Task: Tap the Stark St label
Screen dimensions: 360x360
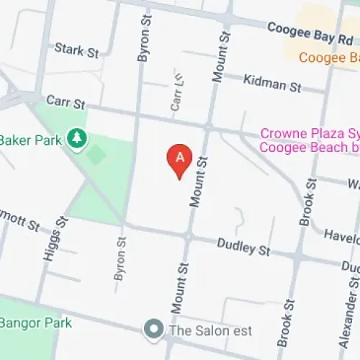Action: pyautogui.click(x=77, y=50)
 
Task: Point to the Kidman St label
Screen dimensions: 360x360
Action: pyautogui.click(x=273, y=84)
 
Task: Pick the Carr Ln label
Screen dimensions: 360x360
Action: pyautogui.click(x=175, y=94)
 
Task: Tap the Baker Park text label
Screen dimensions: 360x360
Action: pyautogui.click(x=30, y=139)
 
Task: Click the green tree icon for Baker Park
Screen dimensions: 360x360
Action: pyautogui.click(x=76, y=138)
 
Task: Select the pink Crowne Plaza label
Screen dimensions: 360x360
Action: pyautogui.click(x=310, y=140)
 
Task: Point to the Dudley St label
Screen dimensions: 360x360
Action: pyautogui.click(x=243, y=248)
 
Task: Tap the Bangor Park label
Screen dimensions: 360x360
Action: pyautogui.click(x=36, y=323)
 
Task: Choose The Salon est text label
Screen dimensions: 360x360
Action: pyautogui.click(x=210, y=330)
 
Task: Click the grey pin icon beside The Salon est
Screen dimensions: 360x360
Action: pyautogui.click(x=153, y=330)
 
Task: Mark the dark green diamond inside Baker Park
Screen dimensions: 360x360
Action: pyautogui.click(x=96, y=155)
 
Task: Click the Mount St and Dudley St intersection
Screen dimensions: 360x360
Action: pyautogui.click(x=187, y=235)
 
